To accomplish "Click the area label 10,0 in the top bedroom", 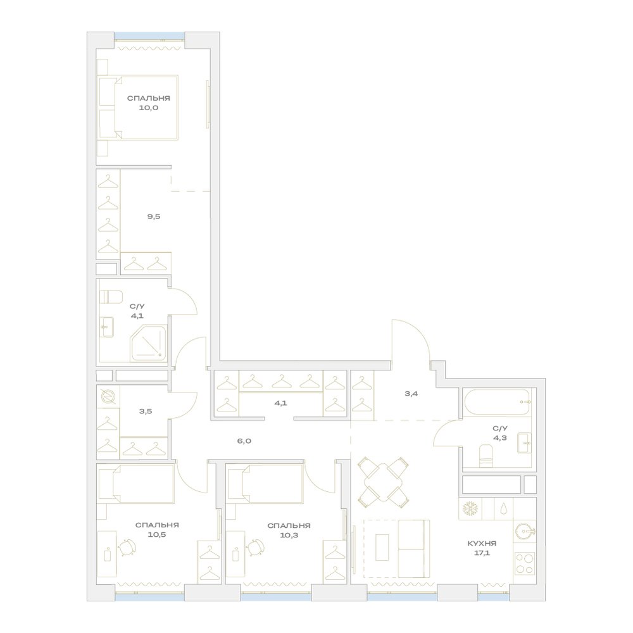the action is (x=149, y=108).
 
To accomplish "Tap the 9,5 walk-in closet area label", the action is (x=154, y=216).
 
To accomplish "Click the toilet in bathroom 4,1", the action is (x=111, y=297).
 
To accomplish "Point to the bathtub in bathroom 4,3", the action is (x=497, y=402).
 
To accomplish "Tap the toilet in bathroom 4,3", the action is (x=486, y=456).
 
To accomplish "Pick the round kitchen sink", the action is (x=525, y=531).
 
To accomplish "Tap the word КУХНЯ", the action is (x=482, y=543).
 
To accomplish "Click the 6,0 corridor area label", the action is (x=244, y=441).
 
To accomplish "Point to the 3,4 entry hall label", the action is (x=411, y=393).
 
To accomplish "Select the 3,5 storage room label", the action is (x=146, y=411).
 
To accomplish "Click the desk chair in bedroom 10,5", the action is (x=127, y=548).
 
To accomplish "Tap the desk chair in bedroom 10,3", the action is (x=255, y=548).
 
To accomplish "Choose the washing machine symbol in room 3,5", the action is (x=108, y=397).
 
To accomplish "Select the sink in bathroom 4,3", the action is (x=524, y=443).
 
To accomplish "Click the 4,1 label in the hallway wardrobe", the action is (x=280, y=403).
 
